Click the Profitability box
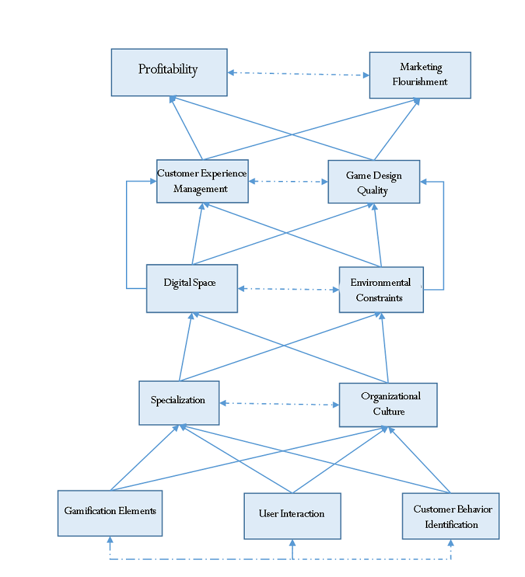[169, 73]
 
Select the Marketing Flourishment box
[420, 75]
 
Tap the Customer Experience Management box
[202, 181]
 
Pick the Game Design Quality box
[373, 182]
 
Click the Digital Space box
[192, 288]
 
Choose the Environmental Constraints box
[381, 290]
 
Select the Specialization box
[179, 403]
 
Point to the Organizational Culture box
[388, 405]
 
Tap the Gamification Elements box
[110, 513]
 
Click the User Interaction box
[292, 516]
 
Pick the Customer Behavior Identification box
[451, 516]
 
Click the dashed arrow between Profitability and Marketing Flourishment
[299, 74]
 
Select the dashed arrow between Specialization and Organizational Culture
[280, 404]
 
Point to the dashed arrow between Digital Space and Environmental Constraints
[289, 289]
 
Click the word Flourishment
[420, 82]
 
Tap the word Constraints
[379, 298]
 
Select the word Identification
[451, 525]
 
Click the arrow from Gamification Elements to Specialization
[144, 458]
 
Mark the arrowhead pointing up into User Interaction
[292, 543]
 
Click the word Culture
[388, 411]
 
